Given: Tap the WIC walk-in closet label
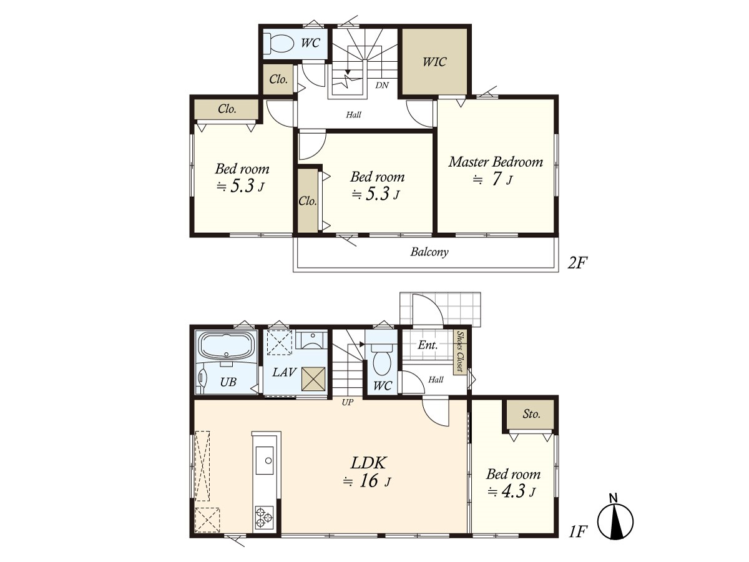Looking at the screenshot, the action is click(434, 62).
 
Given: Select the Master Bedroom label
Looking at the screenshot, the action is click(496, 162).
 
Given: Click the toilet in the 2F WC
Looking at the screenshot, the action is click(279, 43).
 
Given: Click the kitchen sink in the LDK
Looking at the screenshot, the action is click(265, 460).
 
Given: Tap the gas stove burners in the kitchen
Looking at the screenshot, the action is click(264, 518).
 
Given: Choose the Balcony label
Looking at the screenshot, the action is click(429, 252).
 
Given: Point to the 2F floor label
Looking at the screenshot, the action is click(577, 263).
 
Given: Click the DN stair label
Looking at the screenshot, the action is click(382, 86).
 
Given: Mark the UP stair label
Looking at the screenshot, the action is click(348, 403).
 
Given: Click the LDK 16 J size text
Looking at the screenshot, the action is click(367, 481).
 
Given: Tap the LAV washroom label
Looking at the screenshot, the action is click(284, 372).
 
